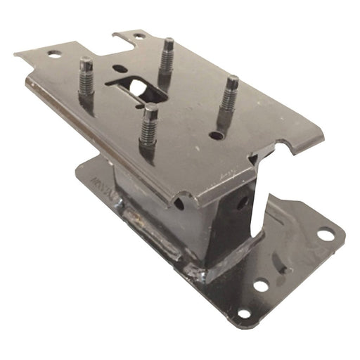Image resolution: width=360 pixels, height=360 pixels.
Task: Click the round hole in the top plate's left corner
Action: [54, 54]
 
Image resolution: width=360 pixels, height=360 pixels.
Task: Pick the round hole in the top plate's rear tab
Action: [139, 35]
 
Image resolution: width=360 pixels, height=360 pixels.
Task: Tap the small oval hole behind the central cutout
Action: [120, 69]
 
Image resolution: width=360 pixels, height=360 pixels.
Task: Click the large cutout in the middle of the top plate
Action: [136, 87]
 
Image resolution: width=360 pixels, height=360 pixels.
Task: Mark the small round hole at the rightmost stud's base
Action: [219, 134]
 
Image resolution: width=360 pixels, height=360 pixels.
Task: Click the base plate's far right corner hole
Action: [326, 234]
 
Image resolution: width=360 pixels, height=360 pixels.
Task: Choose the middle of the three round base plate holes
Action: [261, 285]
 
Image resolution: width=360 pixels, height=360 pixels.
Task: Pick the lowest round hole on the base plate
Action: [244, 313]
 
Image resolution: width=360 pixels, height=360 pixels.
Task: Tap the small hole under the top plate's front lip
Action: [180, 204]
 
